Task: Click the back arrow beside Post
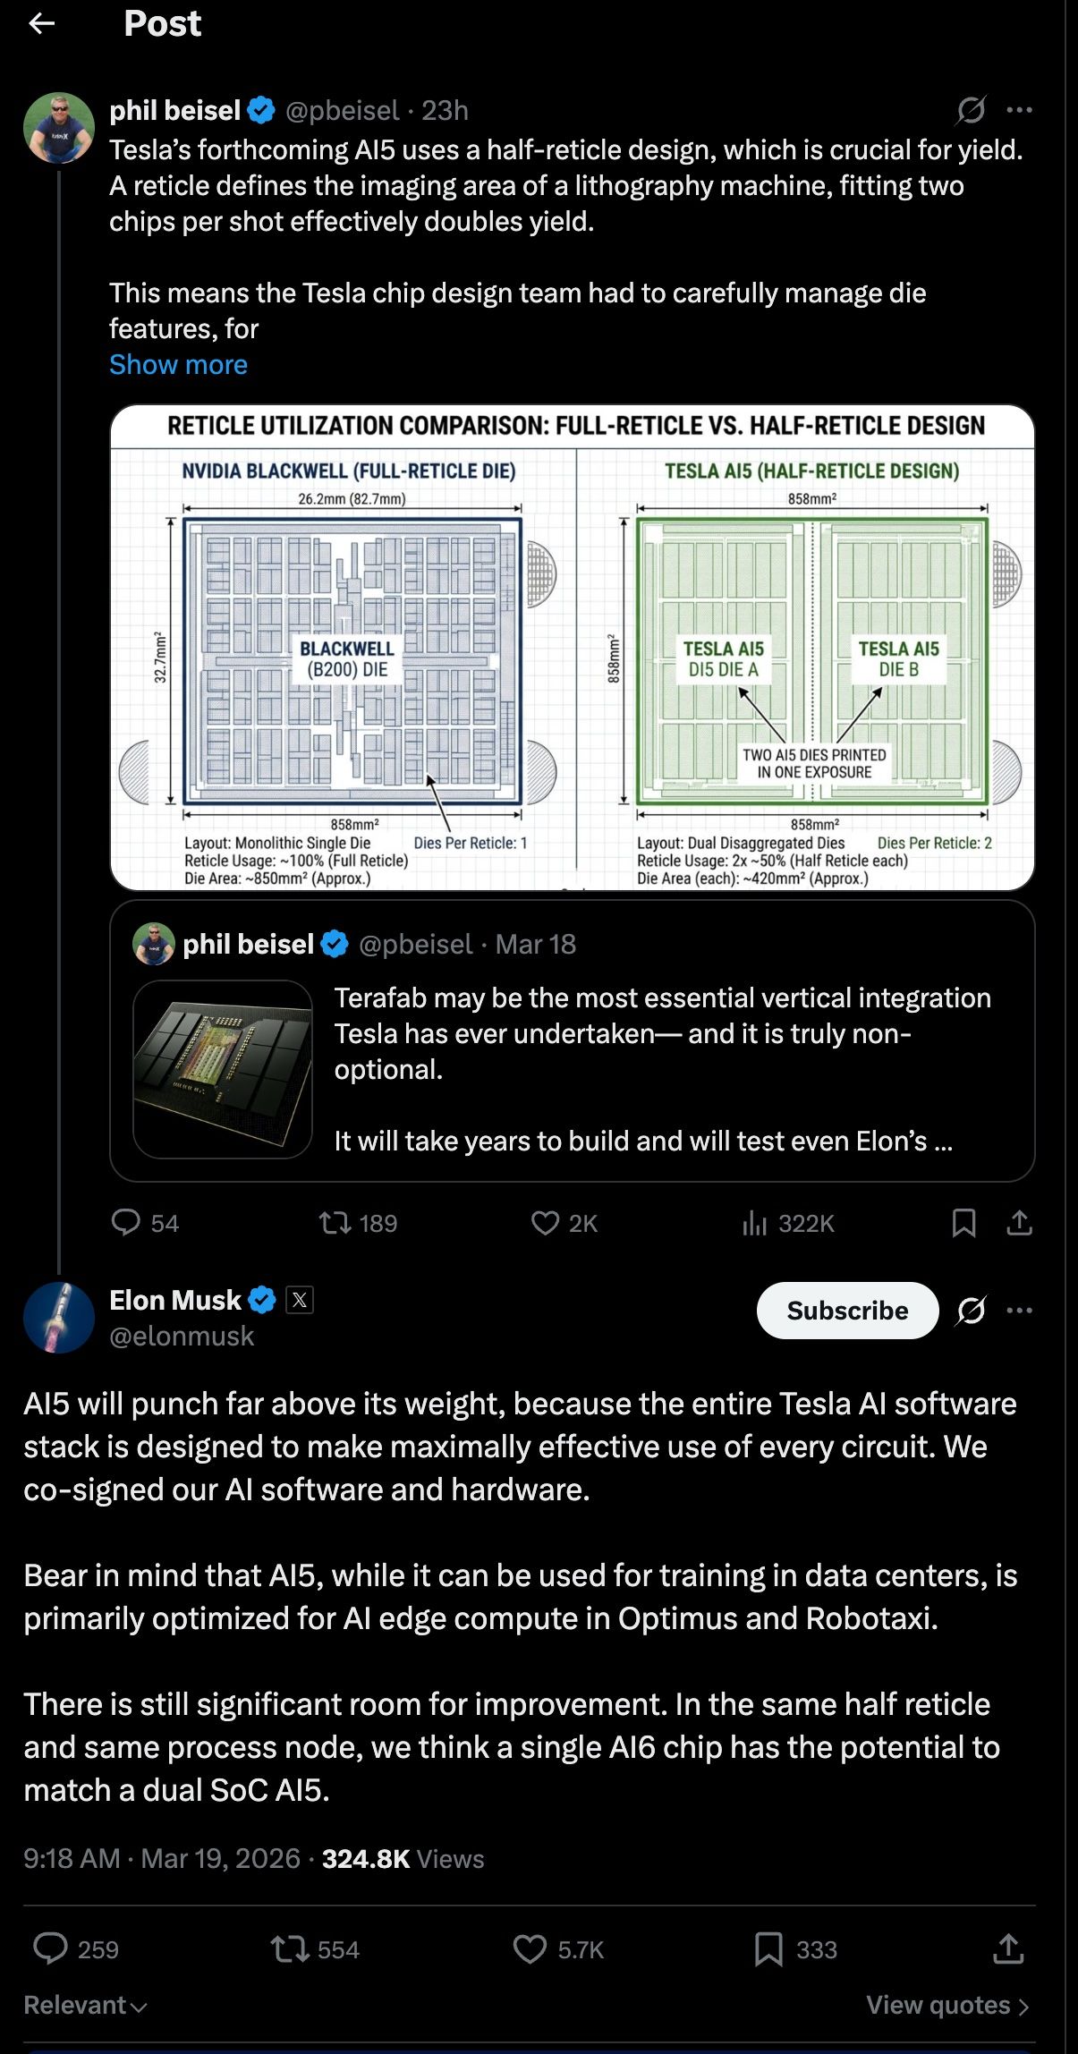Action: coord(42,24)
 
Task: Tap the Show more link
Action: coord(178,365)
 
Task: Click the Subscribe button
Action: coord(847,1311)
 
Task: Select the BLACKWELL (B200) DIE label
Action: coord(347,659)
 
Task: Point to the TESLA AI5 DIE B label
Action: coord(898,659)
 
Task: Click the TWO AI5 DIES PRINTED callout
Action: coord(814,763)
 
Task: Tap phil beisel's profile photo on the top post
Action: coord(59,128)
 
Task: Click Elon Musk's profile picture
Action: coord(59,1317)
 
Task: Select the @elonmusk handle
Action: coord(182,1336)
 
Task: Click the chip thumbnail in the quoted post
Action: coord(223,1069)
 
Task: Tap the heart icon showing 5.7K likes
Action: coord(530,1949)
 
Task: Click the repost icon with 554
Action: coord(289,1949)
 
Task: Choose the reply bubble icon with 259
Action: coord(50,1948)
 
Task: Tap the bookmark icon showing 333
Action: coord(768,1949)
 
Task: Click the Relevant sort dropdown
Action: coord(85,2006)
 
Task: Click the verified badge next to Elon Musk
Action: coord(262,1300)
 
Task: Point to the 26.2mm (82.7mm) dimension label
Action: coord(352,499)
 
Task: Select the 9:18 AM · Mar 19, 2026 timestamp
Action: coord(162,1859)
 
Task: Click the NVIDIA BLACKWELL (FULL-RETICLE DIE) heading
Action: coord(349,471)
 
